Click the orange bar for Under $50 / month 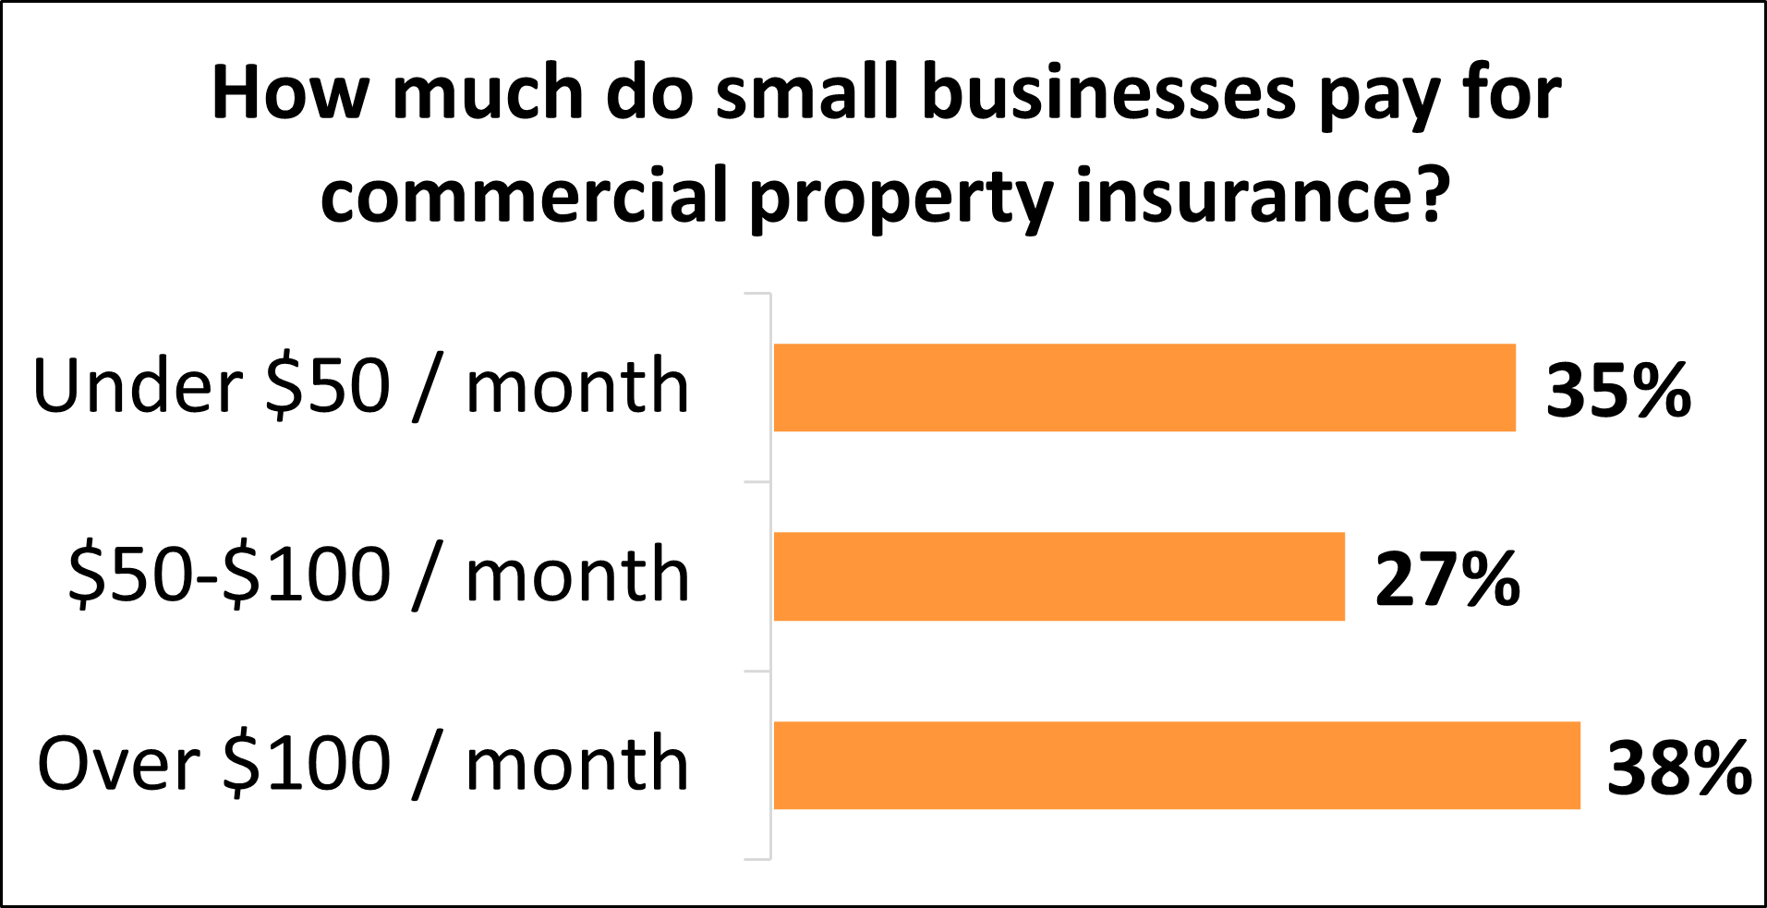pyautogui.click(x=1144, y=388)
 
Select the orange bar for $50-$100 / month pyautogui.click(x=1059, y=576)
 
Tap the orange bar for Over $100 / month pyautogui.click(x=1177, y=766)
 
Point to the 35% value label pyautogui.click(x=1618, y=390)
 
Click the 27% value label pyautogui.click(x=1447, y=579)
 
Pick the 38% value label pyautogui.click(x=1679, y=768)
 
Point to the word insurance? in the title pyautogui.click(x=1262, y=196)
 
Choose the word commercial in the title pyautogui.click(x=524, y=196)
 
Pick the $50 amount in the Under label pyautogui.click(x=327, y=386)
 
